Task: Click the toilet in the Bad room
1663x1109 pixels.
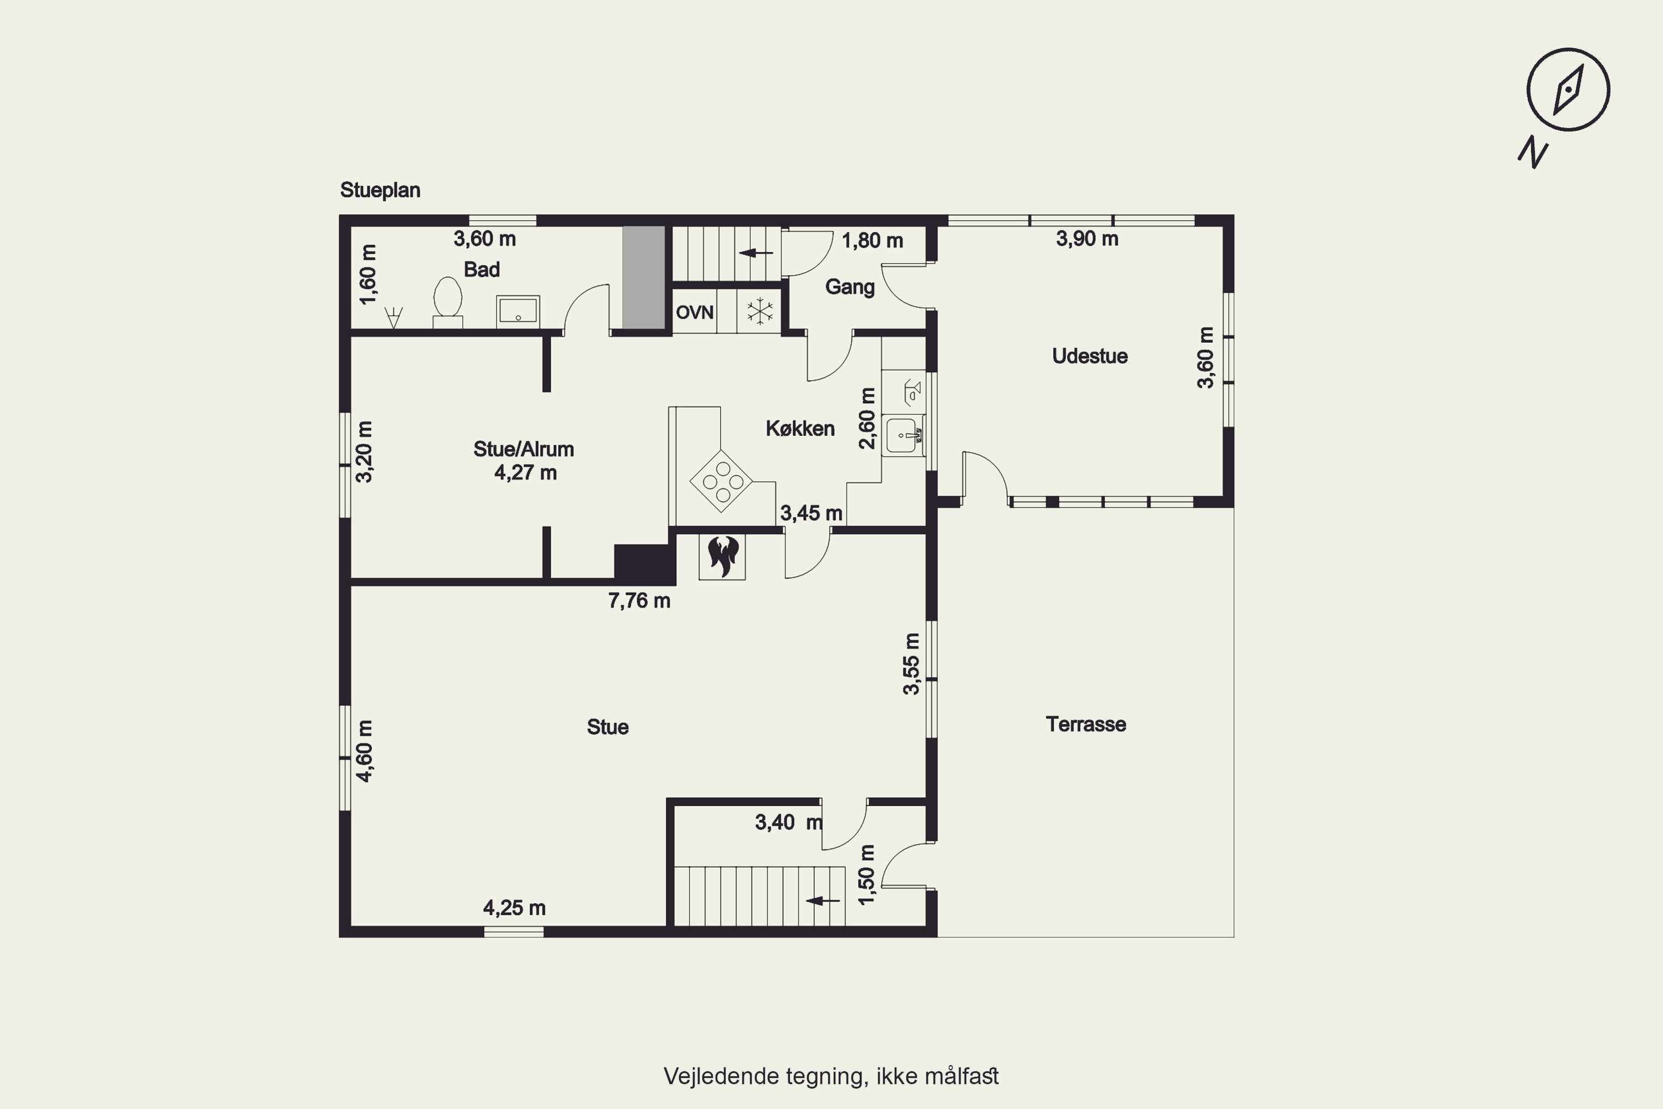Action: click(x=447, y=302)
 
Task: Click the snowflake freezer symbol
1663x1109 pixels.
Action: click(x=760, y=312)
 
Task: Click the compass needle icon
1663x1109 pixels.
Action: click(x=1568, y=90)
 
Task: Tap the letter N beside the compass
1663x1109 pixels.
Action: click(x=1533, y=155)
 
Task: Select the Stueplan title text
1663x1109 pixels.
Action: click(x=380, y=190)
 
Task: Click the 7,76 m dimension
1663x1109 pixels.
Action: click(x=639, y=601)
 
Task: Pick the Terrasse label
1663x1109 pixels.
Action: click(x=1086, y=724)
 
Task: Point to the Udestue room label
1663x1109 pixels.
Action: click(x=1090, y=356)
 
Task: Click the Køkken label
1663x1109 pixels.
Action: click(x=800, y=429)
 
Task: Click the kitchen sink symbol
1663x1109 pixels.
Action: click(x=903, y=435)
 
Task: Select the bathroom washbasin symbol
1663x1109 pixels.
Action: click(x=518, y=311)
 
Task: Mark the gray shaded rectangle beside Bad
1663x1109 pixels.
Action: click(x=644, y=277)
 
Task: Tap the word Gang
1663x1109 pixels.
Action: click(x=850, y=287)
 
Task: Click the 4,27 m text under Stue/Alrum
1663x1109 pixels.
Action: click(x=526, y=472)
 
